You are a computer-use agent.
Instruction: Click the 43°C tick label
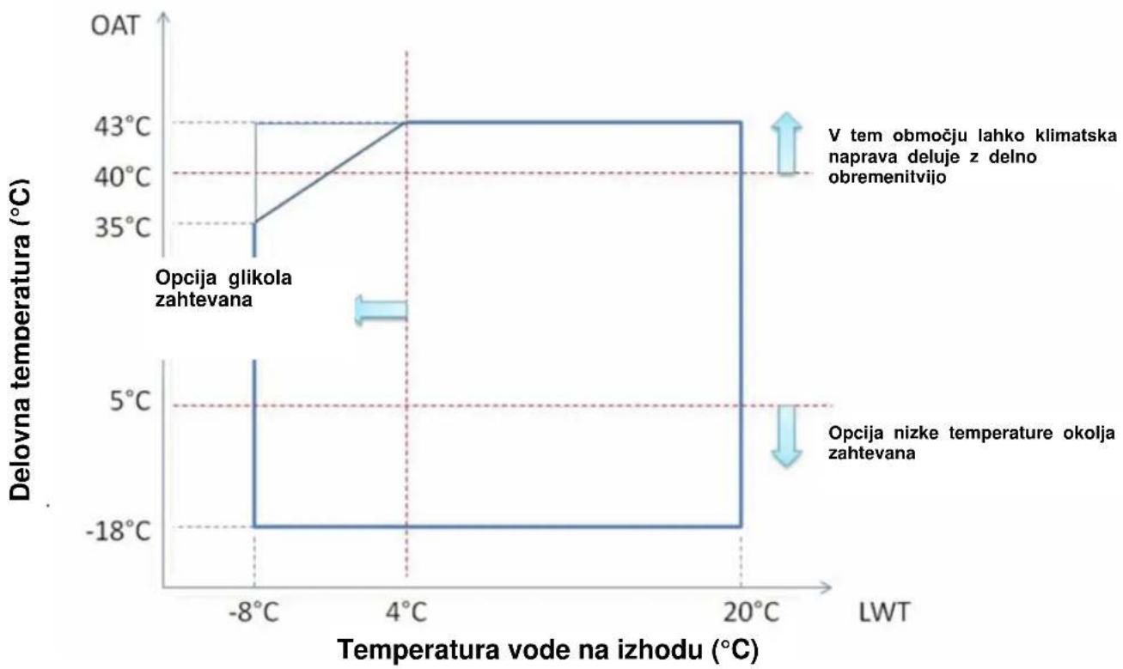click(x=122, y=127)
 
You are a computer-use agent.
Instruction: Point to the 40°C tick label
click(x=122, y=177)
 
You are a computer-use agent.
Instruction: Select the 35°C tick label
click(x=122, y=228)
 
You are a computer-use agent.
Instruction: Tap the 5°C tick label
click(x=130, y=401)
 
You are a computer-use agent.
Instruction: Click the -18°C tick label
click(x=119, y=532)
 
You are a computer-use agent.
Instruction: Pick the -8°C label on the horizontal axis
click(x=253, y=612)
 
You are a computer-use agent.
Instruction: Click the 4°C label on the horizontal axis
click(x=406, y=612)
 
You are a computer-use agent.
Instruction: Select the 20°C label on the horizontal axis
click(x=751, y=612)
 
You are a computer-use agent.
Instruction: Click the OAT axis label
click(x=114, y=26)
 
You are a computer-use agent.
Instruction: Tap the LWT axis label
click(x=884, y=612)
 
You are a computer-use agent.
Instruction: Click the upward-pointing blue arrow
click(x=786, y=143)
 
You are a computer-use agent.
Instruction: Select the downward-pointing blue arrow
click(x=786, y=436)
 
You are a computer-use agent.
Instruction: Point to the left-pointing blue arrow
click(x=381, y=310)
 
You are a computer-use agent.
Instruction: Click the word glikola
click(x=259, y=277)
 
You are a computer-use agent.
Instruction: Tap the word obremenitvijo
click(x=887, y=178)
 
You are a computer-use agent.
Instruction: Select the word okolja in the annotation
click(x=1089, y=433)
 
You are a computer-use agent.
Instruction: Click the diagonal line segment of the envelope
click(x=330, y=172)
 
